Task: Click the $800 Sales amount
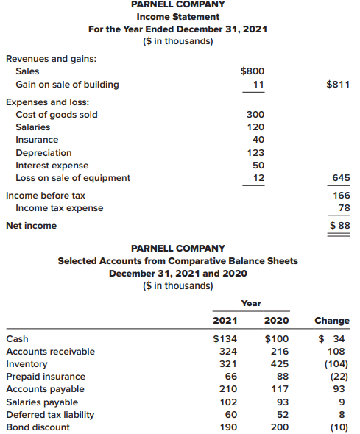[x=253, y=71]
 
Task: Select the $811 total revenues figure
[x=338, y=84]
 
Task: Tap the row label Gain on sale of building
[x=67, y=85]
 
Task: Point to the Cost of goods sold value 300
[x=255, y=114]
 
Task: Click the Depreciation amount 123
[x=255, y=152]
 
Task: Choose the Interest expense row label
[x=52, y=166]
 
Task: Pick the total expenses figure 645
[x=341, y=177]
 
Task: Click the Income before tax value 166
[x=342, y=196]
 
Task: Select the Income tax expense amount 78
[x=345, y=208]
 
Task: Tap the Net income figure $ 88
[x=340, y=225]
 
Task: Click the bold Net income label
[x=32, y=226]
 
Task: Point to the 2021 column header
[x=225, y=321]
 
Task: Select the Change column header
[x=332, y=321]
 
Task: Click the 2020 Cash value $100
[x=277, y=338]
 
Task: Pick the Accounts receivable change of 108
[x=336, y=351]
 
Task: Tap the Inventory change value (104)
[x=336, y=363]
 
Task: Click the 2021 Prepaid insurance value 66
[x=231, y=376]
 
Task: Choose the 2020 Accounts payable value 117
[x=280, y=389]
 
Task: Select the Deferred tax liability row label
[x=50, y=415]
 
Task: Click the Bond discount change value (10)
[x=339, y=427]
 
